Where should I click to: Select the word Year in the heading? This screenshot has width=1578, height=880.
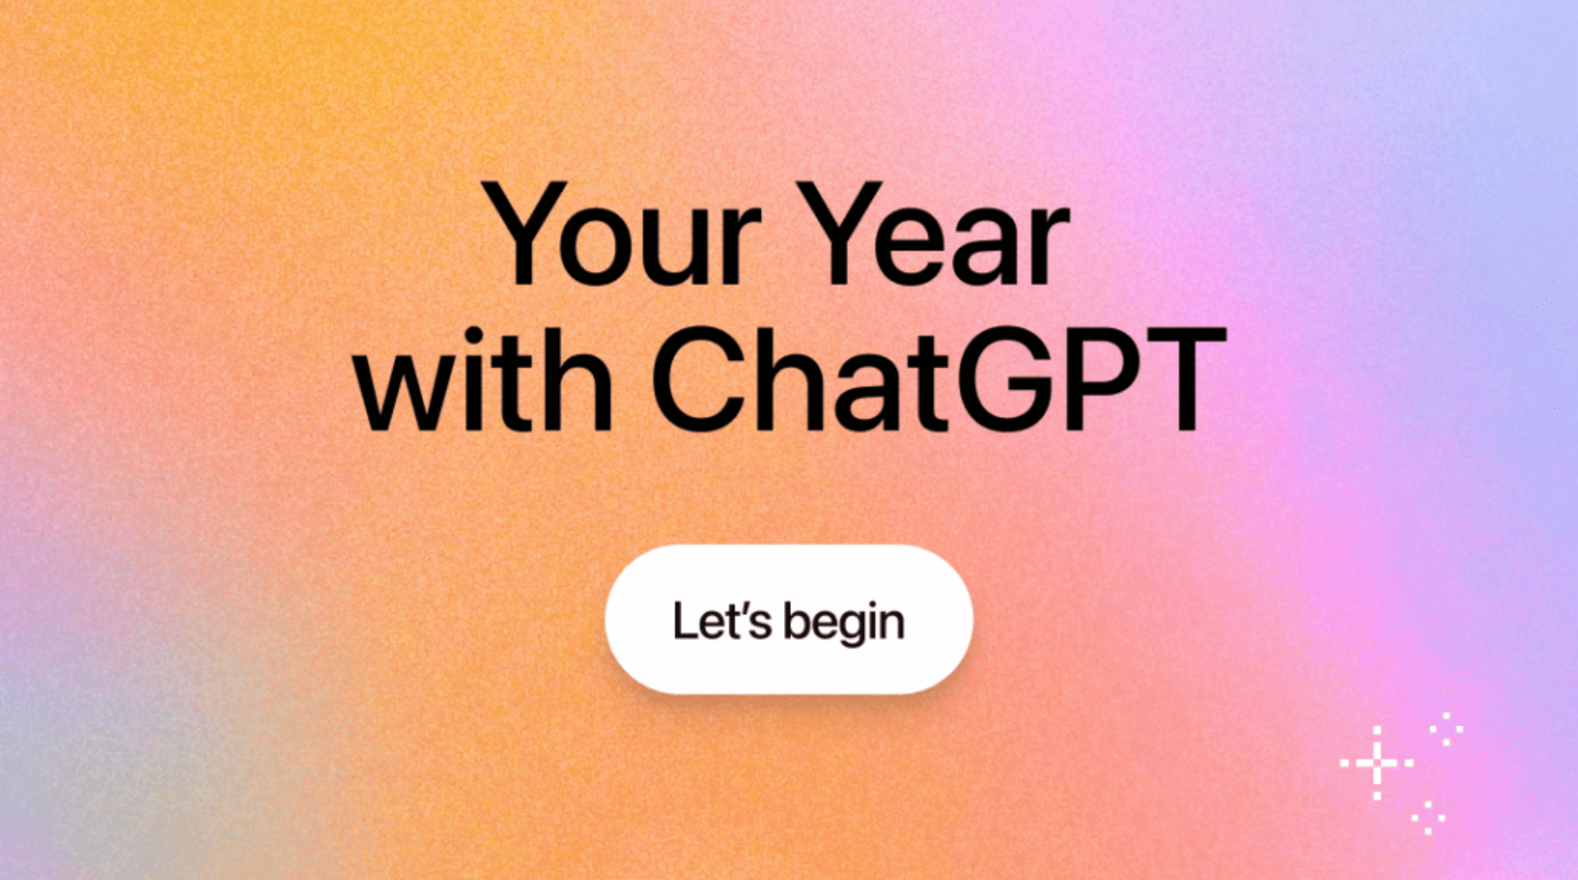(x=945, y=234)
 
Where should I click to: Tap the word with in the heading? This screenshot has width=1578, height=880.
(x=484, y=378)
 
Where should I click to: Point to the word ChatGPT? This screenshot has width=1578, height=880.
(x=938, y=378)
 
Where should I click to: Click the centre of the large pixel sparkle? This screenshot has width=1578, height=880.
(x=1377, y=764)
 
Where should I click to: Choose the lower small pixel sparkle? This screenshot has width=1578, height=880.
(x=1429, y=818)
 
